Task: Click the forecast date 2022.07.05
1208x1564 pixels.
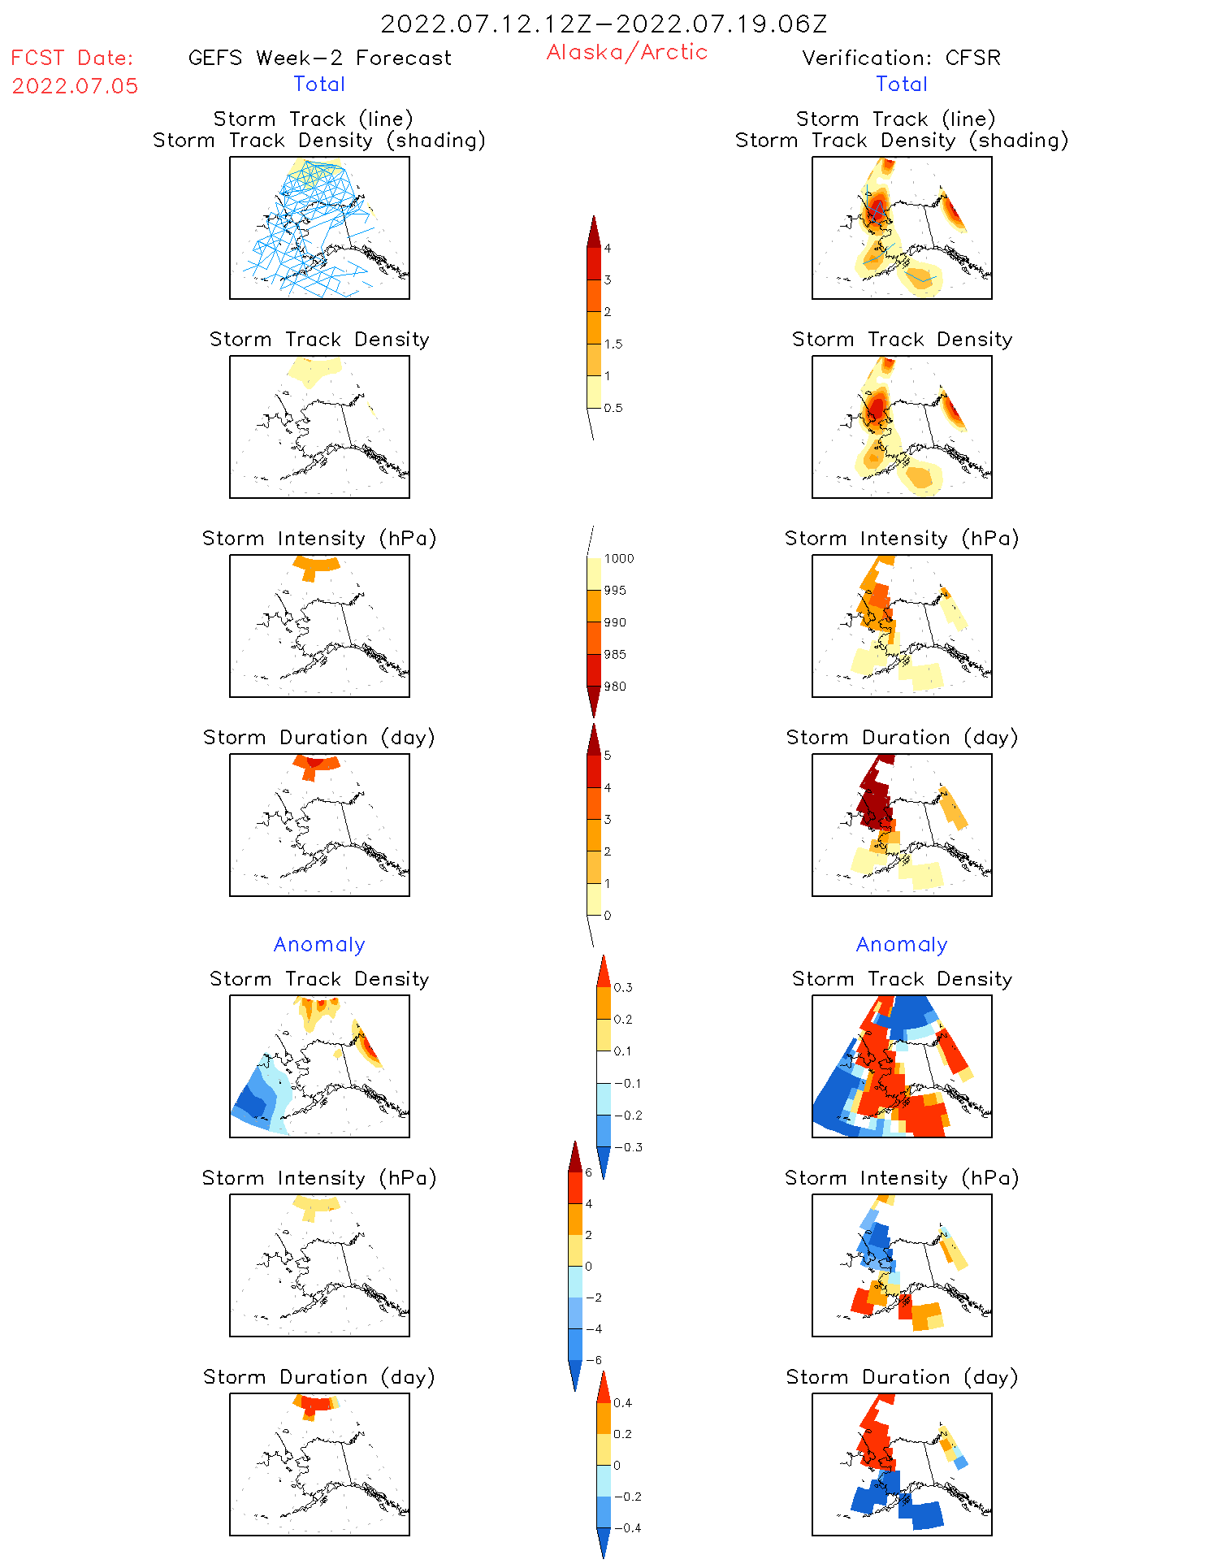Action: [x=75, y=86]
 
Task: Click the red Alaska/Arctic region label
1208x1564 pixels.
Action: [x=626, y=52]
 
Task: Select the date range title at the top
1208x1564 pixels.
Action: [x=604, y=24]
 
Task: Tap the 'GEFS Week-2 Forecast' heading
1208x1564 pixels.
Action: [x=319, y=58]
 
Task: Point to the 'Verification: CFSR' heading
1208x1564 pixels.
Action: [x=901, y=58]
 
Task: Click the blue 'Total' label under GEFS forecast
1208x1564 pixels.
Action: [x=319, y=84]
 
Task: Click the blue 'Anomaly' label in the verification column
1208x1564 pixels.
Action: [x=902, y=944]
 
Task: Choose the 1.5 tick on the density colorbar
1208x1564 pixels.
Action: [x=613, y=344]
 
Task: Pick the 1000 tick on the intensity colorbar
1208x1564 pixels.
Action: [x=618, y=558]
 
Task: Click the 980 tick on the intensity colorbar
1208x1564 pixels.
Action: [x=615, y=687]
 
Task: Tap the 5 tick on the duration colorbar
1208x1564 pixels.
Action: [x=608, y=756]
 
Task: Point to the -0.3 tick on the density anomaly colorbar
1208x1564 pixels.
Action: [x=627, y=1147]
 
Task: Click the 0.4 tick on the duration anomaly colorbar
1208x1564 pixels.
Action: [x=622, y=1402]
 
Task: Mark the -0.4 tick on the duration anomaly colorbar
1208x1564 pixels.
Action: [x=626, y=1527]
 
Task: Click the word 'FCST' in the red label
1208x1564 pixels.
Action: [x=37, y=58]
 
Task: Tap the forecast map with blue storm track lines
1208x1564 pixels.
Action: [x=319, y=227]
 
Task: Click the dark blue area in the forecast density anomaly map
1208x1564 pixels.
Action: [x=252, y=1101]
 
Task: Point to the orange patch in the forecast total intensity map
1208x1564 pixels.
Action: [x=315, y=565]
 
